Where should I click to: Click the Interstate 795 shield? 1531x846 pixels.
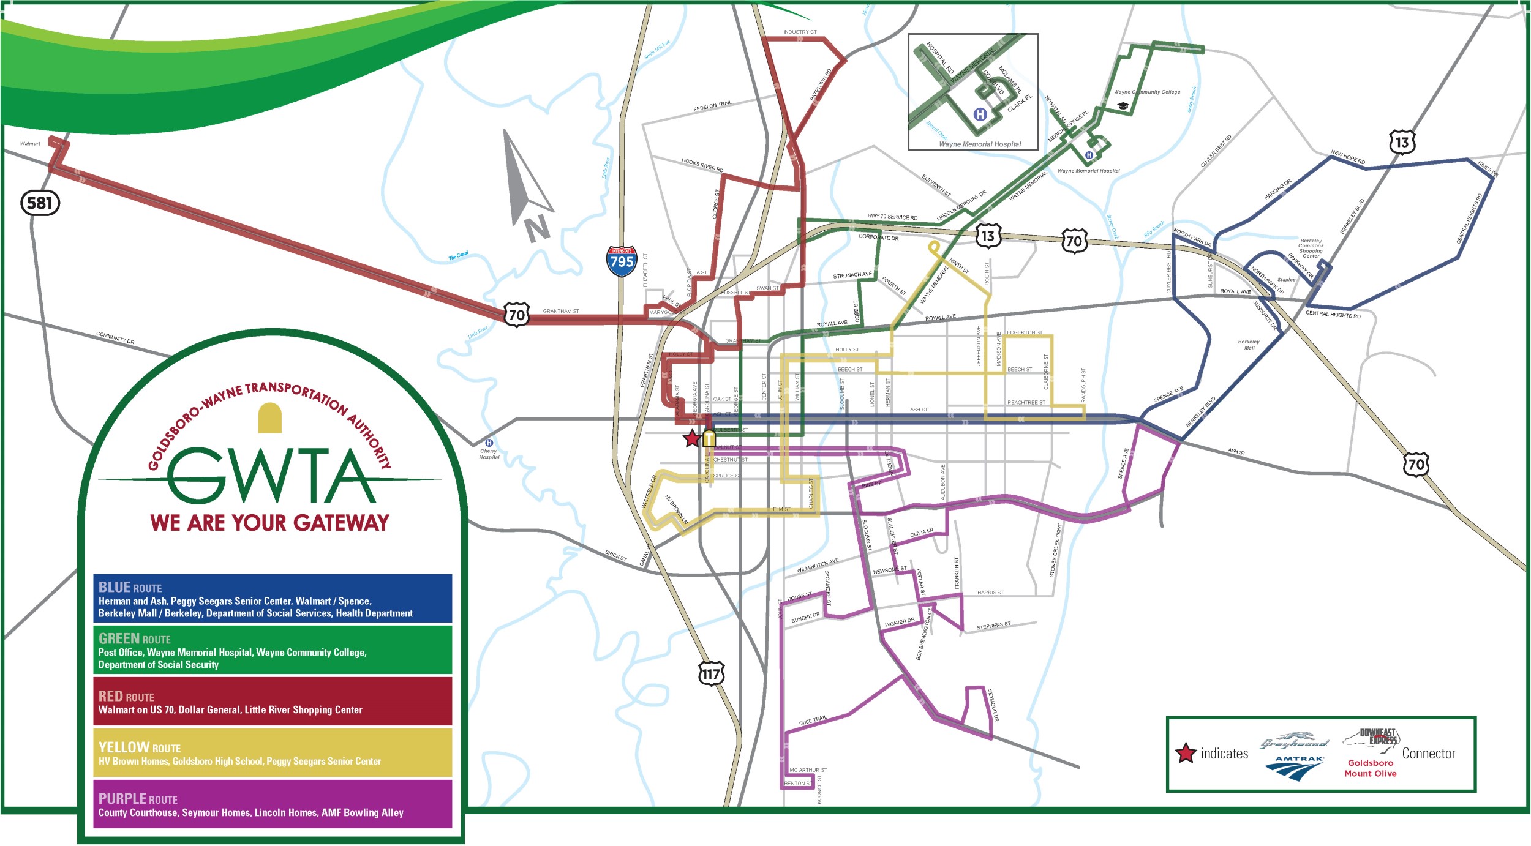click(x=621, y=261)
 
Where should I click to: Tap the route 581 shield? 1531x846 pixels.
click(x=40, y=203)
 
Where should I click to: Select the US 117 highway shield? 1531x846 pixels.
click(x=711, y=674)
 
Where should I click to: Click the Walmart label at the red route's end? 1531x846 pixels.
click(x=30, y=144)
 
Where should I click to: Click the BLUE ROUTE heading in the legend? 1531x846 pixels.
click(x=130, y=588)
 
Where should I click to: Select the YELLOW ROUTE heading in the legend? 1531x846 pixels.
click(x=139, y=747)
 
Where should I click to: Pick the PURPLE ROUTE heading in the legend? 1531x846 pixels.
click(x=138, y=799)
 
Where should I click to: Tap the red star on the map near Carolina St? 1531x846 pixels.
click(x=691, y=438)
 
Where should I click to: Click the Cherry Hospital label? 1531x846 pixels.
click(x=489, y=454)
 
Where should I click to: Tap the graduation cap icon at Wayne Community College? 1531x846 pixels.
click(x=1123, y=106)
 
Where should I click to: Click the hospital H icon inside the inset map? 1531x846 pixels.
click(x=980, y=114)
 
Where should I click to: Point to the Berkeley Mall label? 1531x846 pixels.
click(x=1249, y=345)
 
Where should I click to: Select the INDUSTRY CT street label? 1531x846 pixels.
click(x=800, y=32)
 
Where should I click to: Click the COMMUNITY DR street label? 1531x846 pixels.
click(x=115, y=338)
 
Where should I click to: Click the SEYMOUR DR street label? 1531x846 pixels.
click(x=993, y=706)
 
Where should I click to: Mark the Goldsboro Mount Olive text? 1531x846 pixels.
click(x=1371, y=768)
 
